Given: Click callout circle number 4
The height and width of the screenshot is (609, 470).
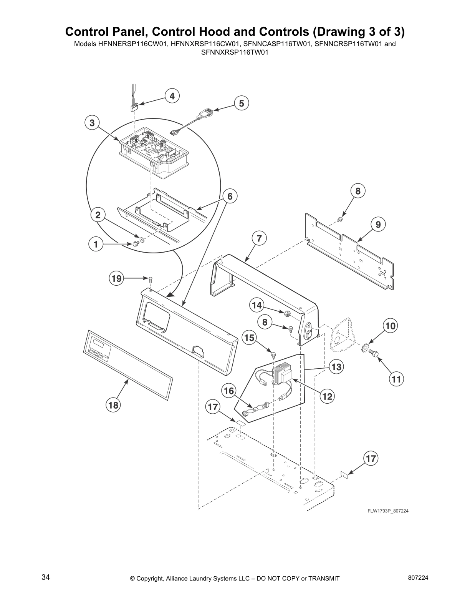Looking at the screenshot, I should click(x=172, y=96).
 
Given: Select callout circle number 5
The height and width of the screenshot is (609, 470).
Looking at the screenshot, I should click(x=242, y=103).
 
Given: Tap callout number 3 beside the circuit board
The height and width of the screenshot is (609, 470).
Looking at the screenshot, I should click(x=92, y=123).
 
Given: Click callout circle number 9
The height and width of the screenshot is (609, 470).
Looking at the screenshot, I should click(x=378, y=224).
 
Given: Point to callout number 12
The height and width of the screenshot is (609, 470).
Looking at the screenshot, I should click(x=327, y=396).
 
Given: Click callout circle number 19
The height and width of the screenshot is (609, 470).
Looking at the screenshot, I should click(x=116, y=278).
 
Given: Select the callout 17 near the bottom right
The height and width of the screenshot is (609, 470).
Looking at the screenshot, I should click(x=371, y=458).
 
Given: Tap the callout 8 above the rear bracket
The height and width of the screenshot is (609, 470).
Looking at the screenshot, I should click(x=357, y=191).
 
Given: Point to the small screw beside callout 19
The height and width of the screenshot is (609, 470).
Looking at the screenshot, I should click(x=150, y=278).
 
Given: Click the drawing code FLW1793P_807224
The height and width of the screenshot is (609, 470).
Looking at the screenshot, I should click(x=385, y=511).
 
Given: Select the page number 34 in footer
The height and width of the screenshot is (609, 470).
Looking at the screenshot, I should click(x=45, y=577).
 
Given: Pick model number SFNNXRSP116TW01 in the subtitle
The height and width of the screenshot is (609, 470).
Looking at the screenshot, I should click(x=235, y=52).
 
